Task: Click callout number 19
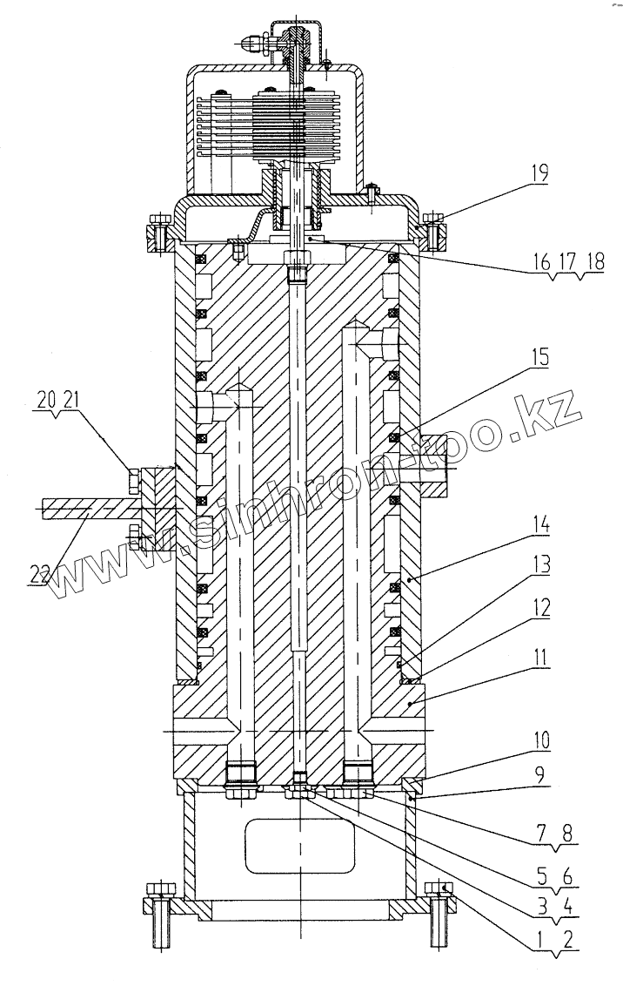tap(539, 173)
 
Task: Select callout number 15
tap(539, 357)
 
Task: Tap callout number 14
tap(541, 523)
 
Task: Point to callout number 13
tap(541, 564)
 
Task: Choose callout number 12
tap(540, 607)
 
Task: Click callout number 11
tap(540, 658)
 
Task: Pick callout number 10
tap(540, 740)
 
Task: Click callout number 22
tap(39, 575)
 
